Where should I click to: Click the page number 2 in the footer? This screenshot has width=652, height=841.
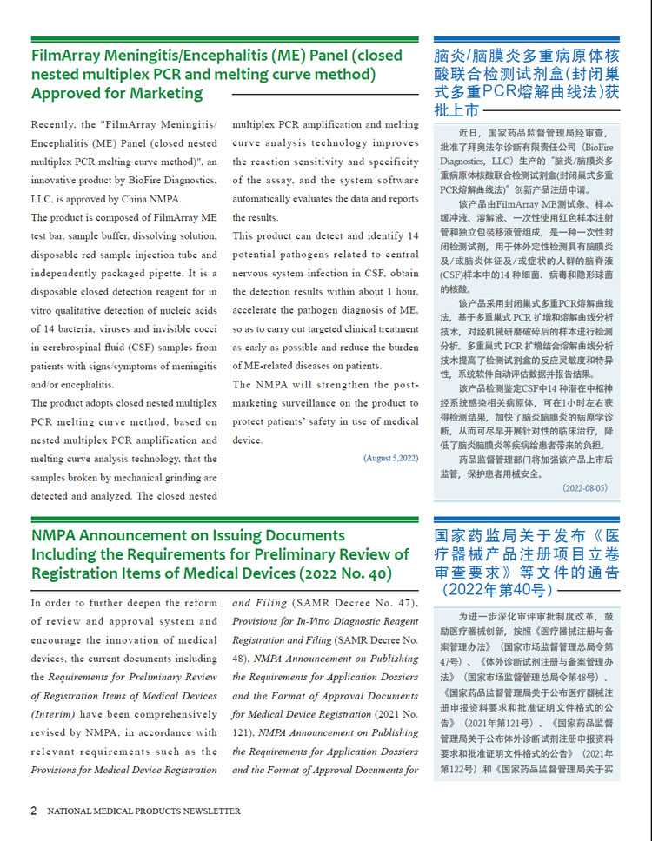click(x=34, y=811)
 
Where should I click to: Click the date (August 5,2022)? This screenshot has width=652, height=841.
click(x=390, y=458)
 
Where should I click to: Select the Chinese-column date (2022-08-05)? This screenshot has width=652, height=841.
click(x=584, y=488)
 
